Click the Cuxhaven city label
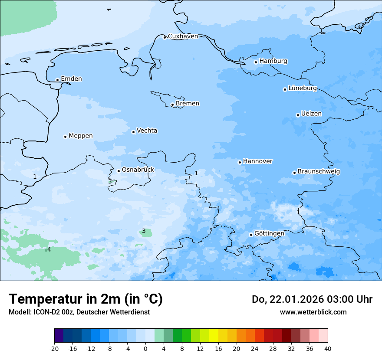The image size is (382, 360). click(x=183, y=36)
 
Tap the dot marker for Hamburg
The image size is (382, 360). click(x=256, y=62)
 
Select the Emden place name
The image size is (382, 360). click(x=71, y=79)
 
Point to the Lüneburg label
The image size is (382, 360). click(x=302, y=88)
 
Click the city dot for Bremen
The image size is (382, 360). click(x=172, y=105)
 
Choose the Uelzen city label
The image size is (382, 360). click(x=311, y=114)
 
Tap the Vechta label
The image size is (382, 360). click(x=147, y=131)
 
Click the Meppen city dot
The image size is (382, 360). click(x=65, y=137)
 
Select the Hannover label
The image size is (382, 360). click(x=257, y=161)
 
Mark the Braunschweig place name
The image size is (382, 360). click(x=319, y=172)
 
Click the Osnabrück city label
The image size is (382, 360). click(x=138, y=170)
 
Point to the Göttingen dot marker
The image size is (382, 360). click(x=251, y=235)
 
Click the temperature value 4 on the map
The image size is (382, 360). click(x=49, y=249)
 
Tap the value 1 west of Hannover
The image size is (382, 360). click(x=196, y=173)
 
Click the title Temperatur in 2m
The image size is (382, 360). click(x=86, y=299)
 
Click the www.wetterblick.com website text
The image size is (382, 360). click(x=313, y=312)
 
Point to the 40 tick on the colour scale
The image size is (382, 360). click(x=327, y=348)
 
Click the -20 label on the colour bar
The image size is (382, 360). click(x=54, y=348)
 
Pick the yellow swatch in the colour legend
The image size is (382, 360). click(x=214, y=336)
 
